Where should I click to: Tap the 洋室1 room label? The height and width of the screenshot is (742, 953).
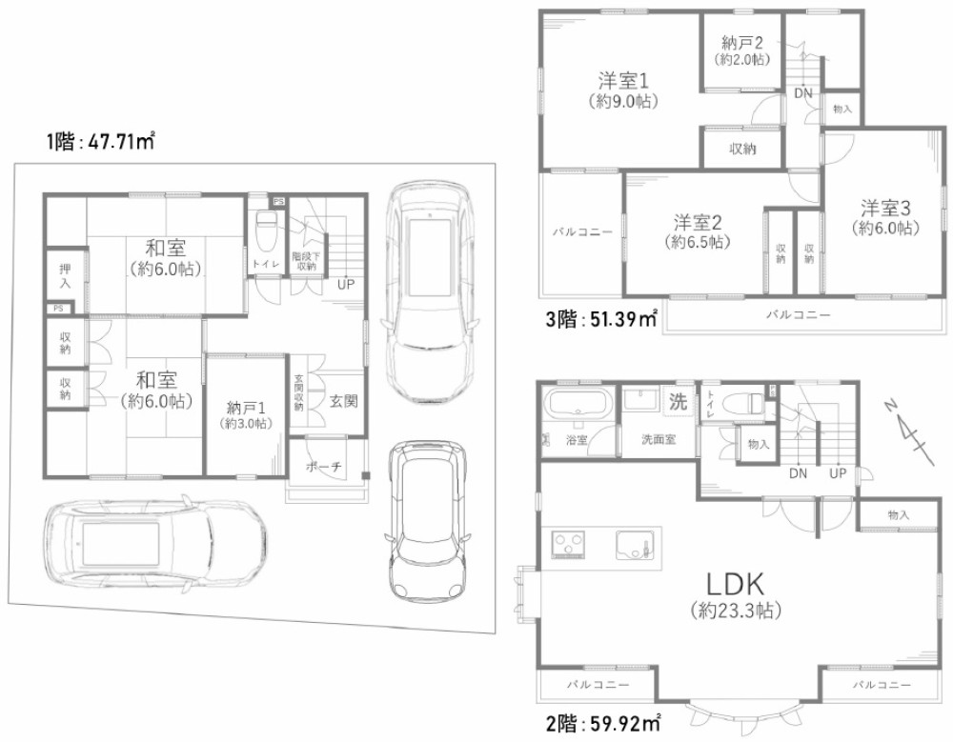pos(624,80)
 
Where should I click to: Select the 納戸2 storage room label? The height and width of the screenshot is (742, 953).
pos(742,43)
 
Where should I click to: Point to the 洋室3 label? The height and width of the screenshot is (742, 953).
pos(885,208)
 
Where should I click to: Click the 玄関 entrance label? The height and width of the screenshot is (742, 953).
pos(343,400)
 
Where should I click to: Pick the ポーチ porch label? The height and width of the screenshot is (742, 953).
pos(323,467)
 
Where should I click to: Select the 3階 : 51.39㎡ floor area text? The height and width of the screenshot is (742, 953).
pos(601,319)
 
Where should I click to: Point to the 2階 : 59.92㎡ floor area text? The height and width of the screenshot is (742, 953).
pos(603,724)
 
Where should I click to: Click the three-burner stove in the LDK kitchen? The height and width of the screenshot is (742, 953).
pos(568,543)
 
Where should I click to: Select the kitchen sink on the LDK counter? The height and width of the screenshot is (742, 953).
pos(635,545)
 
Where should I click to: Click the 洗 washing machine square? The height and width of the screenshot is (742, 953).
pos(678,402)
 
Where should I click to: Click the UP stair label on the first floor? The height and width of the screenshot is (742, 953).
pos(346,284)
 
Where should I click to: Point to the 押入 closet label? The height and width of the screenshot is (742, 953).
pos(65,276)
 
